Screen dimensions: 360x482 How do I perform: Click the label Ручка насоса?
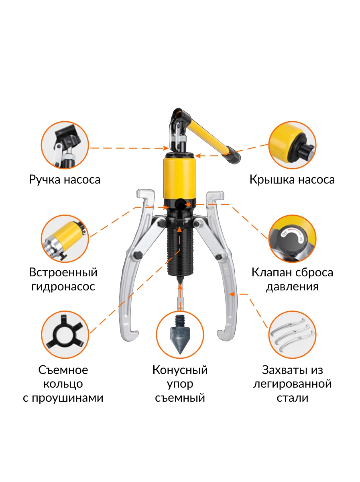click(x=65, y=180)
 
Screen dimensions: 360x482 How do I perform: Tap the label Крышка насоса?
click(x=292, y=180)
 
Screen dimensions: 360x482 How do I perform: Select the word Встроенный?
click(x=63, y=272)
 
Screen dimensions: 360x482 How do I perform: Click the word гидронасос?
click(x=63, y=286)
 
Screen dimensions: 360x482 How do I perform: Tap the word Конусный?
click(x=180, y=370)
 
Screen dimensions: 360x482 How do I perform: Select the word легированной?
click(x=292, y=384)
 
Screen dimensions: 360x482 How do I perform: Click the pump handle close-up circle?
click(x=65, y=145)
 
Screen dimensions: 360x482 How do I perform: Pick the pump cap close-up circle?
click(x=293, y=145)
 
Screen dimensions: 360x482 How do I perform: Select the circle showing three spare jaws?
click(x=293, y=335)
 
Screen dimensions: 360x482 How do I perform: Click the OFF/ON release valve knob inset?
click(x=293, y=239)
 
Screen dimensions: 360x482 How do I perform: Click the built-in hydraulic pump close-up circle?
click(x=65, y=239)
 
